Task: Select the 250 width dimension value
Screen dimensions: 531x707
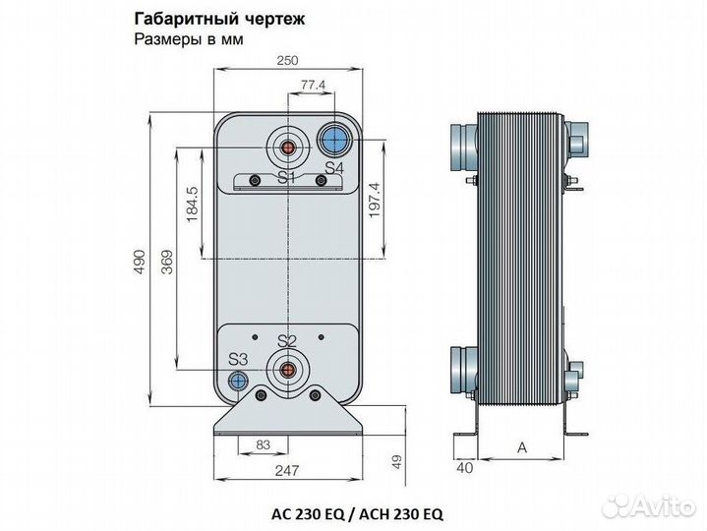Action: (x=286, y=61)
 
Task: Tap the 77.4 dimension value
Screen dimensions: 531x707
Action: (x=313, y=87)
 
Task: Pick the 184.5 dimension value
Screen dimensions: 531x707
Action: (x=192, y=202)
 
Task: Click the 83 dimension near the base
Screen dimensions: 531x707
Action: (x=263, y=445)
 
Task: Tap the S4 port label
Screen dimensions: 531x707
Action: (x=334, y=169)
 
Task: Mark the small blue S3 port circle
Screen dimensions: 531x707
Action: (x=237, y=381)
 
